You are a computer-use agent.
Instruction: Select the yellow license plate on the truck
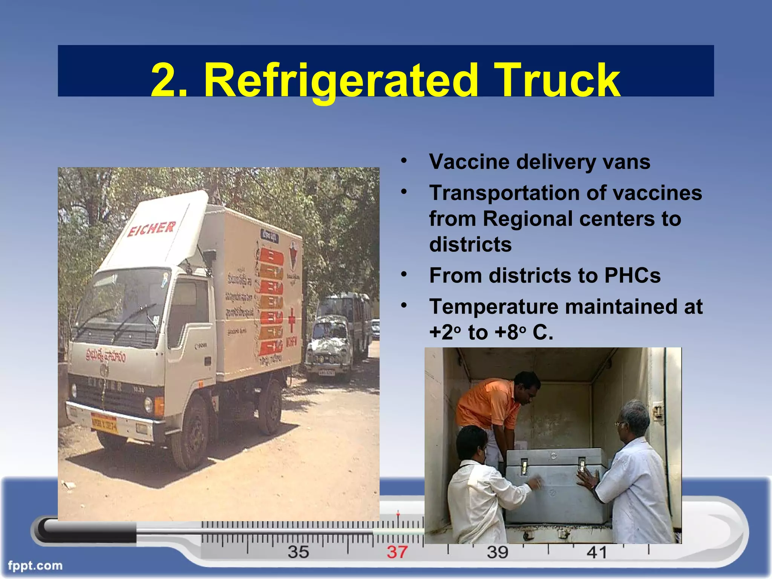[104, 424]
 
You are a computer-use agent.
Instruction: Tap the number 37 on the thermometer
[397, 552]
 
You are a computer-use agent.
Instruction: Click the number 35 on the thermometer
[298, 552]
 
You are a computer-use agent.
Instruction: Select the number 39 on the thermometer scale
[497, 552]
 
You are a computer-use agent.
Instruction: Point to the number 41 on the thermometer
[597, 553]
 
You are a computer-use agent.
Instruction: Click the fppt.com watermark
[35, 565]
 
